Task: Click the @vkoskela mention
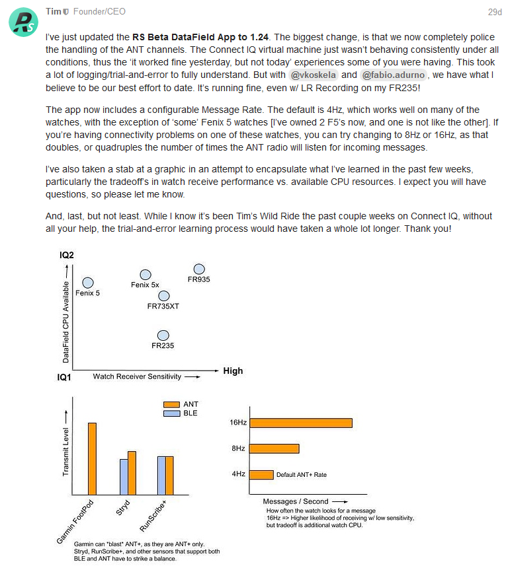tap(314, 75)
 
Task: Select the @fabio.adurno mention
tap(393, 75)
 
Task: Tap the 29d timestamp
tap(495, 12)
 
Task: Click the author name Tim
tap(53, 12)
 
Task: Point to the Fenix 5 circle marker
tap(88, 283)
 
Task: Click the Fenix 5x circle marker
tap(146, 275)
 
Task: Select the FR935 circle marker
tap(198, 269)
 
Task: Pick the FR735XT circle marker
tap(163, 296)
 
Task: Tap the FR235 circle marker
tap(163, 336)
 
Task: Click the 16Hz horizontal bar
tap(301, 423)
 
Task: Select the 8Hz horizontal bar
tap(275, 448)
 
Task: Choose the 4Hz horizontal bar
tap(261, 474)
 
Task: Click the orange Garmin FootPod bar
tap(92, 458)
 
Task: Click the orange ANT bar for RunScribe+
tap(169, 475)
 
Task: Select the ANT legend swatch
tap(171, 404)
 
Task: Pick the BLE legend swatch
tap(171, 413)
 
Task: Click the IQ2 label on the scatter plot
tap(67, 255)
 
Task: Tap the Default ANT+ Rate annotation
tap(302, 475)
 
